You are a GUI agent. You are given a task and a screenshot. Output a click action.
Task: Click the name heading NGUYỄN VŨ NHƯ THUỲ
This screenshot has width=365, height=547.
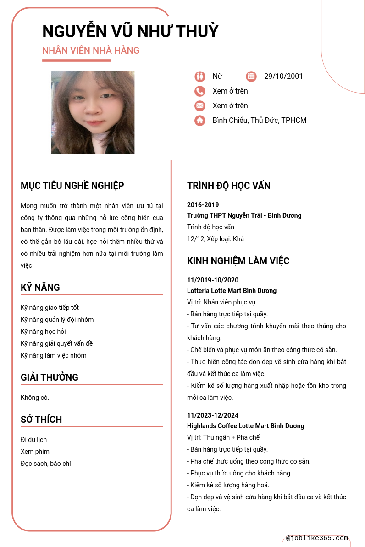coord(130,31)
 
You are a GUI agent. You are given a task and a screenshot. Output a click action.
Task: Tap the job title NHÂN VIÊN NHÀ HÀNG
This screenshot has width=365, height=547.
coord(91,50)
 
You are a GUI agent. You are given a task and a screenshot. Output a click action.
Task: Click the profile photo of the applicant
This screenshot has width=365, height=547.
coord(93,112)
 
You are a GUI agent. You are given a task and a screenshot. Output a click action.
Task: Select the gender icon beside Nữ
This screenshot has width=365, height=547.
coord(199,77)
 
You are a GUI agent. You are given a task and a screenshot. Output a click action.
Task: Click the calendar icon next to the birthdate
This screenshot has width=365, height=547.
coord(251,77)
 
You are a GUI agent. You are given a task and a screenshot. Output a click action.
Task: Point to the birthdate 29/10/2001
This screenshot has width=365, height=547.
coord(283,77)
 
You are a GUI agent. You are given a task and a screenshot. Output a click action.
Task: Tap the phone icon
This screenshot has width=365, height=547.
coord(199,91)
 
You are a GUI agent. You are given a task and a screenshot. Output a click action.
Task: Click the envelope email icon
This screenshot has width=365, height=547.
coord(199,106)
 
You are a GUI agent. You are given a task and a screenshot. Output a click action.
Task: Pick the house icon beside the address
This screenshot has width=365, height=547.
coord(199,121)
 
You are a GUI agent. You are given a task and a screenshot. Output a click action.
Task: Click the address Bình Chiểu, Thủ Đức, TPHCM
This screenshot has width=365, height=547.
coord(260,121)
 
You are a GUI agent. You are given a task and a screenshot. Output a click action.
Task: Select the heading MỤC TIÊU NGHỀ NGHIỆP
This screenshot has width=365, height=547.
coord(72,186)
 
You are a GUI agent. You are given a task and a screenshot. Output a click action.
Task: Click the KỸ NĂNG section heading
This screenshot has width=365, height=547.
coord(40,287)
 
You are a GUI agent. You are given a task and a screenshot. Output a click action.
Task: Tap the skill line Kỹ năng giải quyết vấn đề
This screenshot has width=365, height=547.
coord(57,343)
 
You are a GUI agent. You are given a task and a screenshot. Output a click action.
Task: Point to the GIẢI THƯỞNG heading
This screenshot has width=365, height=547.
coord(50,377)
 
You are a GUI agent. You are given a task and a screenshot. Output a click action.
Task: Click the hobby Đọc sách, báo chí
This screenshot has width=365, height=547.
coord(46,464)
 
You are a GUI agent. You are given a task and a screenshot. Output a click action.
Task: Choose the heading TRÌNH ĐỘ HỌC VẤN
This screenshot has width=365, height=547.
coord(229,186)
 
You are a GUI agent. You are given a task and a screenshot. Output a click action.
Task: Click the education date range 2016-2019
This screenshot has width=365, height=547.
coord(203,205)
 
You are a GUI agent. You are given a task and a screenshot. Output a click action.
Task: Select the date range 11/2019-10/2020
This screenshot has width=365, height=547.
coord(213,280)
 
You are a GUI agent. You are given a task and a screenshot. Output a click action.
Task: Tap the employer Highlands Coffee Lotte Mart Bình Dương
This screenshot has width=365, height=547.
coord(245,426)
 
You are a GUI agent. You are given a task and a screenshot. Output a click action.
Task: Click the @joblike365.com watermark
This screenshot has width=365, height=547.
coord(317,538)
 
